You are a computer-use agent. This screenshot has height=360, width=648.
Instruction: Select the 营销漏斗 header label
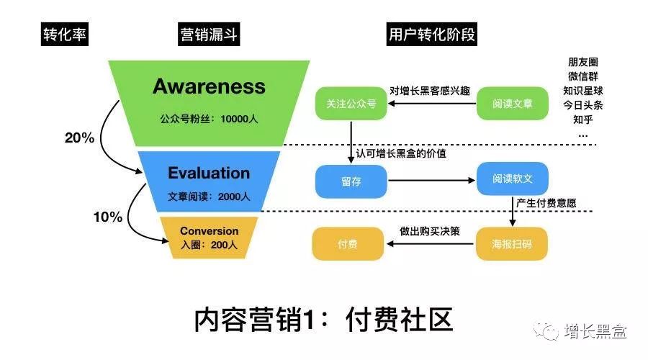pyautogui.click(x=209, y=35)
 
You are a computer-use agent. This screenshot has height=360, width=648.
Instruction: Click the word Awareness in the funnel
pyautogui.click(x=209, y=87)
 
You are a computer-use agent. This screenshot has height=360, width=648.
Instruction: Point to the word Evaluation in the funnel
pyautogui.click(x=209, y=173)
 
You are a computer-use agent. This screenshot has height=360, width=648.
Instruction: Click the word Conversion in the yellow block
pyautogui.click(x=209, y=231)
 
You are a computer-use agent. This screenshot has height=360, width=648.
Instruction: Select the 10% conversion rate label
pyautogui.click(x=107, y=217)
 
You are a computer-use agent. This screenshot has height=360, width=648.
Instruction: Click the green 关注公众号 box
pyautogui.click(x=351, y=104)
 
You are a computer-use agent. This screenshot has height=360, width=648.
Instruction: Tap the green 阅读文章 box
pyautogui.click(x=512, y=104)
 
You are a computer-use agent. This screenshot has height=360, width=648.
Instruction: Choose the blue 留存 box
pyautogui.click(x=351, y=181)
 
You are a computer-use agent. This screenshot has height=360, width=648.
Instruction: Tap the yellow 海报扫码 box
pyautogui.click(x=512, y=244)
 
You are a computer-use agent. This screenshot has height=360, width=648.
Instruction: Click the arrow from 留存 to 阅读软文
pyautogui.click(x=432, y=181)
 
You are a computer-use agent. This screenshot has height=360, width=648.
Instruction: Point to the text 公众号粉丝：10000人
pyautogui.click(x=209, y=119)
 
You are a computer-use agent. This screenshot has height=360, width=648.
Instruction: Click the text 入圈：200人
pyautogui.click(x=209, y=246)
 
